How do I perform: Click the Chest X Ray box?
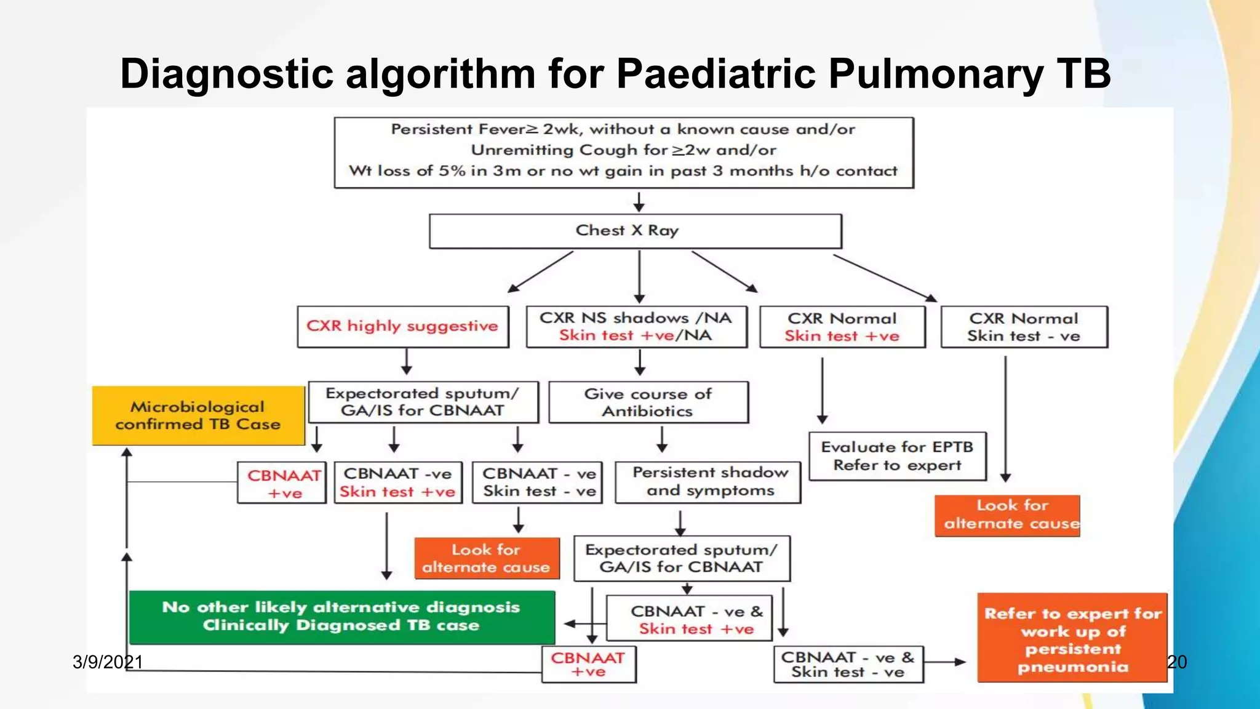click(x=635, y=231)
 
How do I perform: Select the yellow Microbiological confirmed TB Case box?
click(x=198, y=415)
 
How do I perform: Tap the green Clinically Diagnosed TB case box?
click(x=341, y=617)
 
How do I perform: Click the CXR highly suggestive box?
click(x=403, y=326)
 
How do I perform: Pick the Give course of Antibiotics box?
click(x=648, y=402)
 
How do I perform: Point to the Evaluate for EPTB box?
click(x=897, y=456)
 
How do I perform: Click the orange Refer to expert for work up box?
click(x=1072, y=638)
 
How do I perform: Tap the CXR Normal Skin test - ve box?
click(x=1024, y=327)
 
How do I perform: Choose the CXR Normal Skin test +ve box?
click(x=842, y=327)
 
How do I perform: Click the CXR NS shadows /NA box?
click(x=636, y=327)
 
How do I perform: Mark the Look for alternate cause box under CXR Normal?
click(x=1007, y=515)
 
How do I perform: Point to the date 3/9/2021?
click(x=107, y=662)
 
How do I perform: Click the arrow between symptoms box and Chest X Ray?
click(x=639, y=201)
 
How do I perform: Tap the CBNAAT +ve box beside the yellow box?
click(x=282, y=483)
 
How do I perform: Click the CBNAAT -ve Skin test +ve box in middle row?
click(x=397, y=483)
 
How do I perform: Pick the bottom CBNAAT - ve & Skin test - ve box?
click(x=848, y=665)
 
